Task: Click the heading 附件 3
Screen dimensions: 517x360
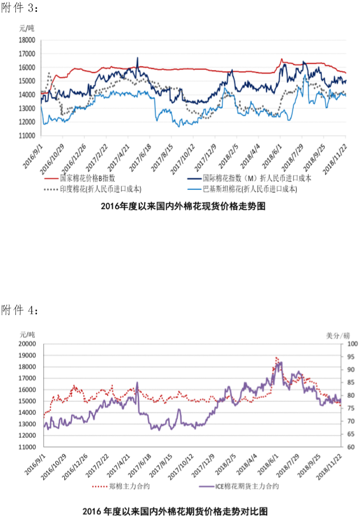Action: click(x=21, y=8)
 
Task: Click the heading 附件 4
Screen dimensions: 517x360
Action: click(x=21, y=311)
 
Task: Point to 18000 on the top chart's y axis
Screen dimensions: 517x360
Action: click(x=27, y=40)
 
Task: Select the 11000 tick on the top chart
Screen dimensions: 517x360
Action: click(x=27, y=136)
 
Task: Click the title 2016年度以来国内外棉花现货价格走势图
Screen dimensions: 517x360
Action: click(x=183, y=207)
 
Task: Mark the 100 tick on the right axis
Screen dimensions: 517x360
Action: click(x=351, y=344)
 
